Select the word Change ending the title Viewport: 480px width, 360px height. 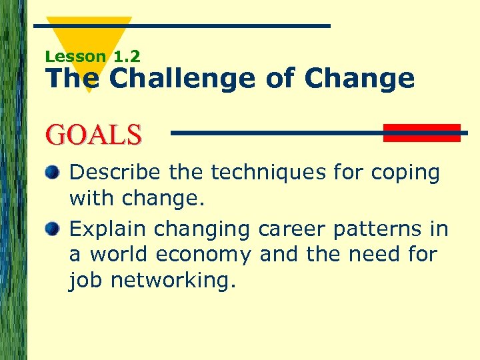coord(359,79)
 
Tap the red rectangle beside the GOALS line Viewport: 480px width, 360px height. coord(421,133)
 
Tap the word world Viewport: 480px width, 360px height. coord(121,255)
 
